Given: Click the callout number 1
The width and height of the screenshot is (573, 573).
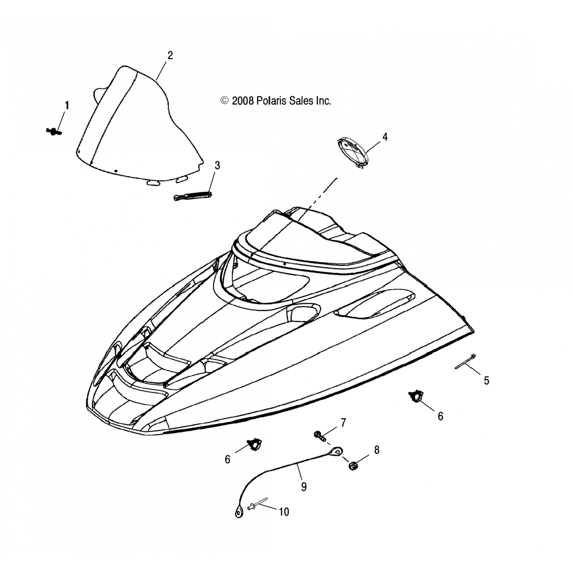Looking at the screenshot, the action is [x=67, y=105].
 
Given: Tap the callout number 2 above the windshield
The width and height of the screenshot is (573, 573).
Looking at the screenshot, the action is [x=170, y=55].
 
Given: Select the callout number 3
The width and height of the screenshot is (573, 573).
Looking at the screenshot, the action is [x=217, y=165].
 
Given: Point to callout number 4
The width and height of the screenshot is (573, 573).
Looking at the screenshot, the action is [x=385, y=137].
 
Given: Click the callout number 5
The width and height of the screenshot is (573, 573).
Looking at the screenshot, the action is [x=486, y=380].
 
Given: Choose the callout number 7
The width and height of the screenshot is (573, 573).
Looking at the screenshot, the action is [x=343, y=422].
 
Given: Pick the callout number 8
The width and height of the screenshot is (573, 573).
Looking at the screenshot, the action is [x=377, y=450].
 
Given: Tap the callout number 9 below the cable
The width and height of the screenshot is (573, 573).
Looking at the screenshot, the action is [x=304, y=487].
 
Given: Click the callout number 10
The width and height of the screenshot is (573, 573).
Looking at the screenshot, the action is [x=284, y=512].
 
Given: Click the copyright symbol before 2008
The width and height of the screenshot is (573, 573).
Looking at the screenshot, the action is [x=224, y=101].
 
